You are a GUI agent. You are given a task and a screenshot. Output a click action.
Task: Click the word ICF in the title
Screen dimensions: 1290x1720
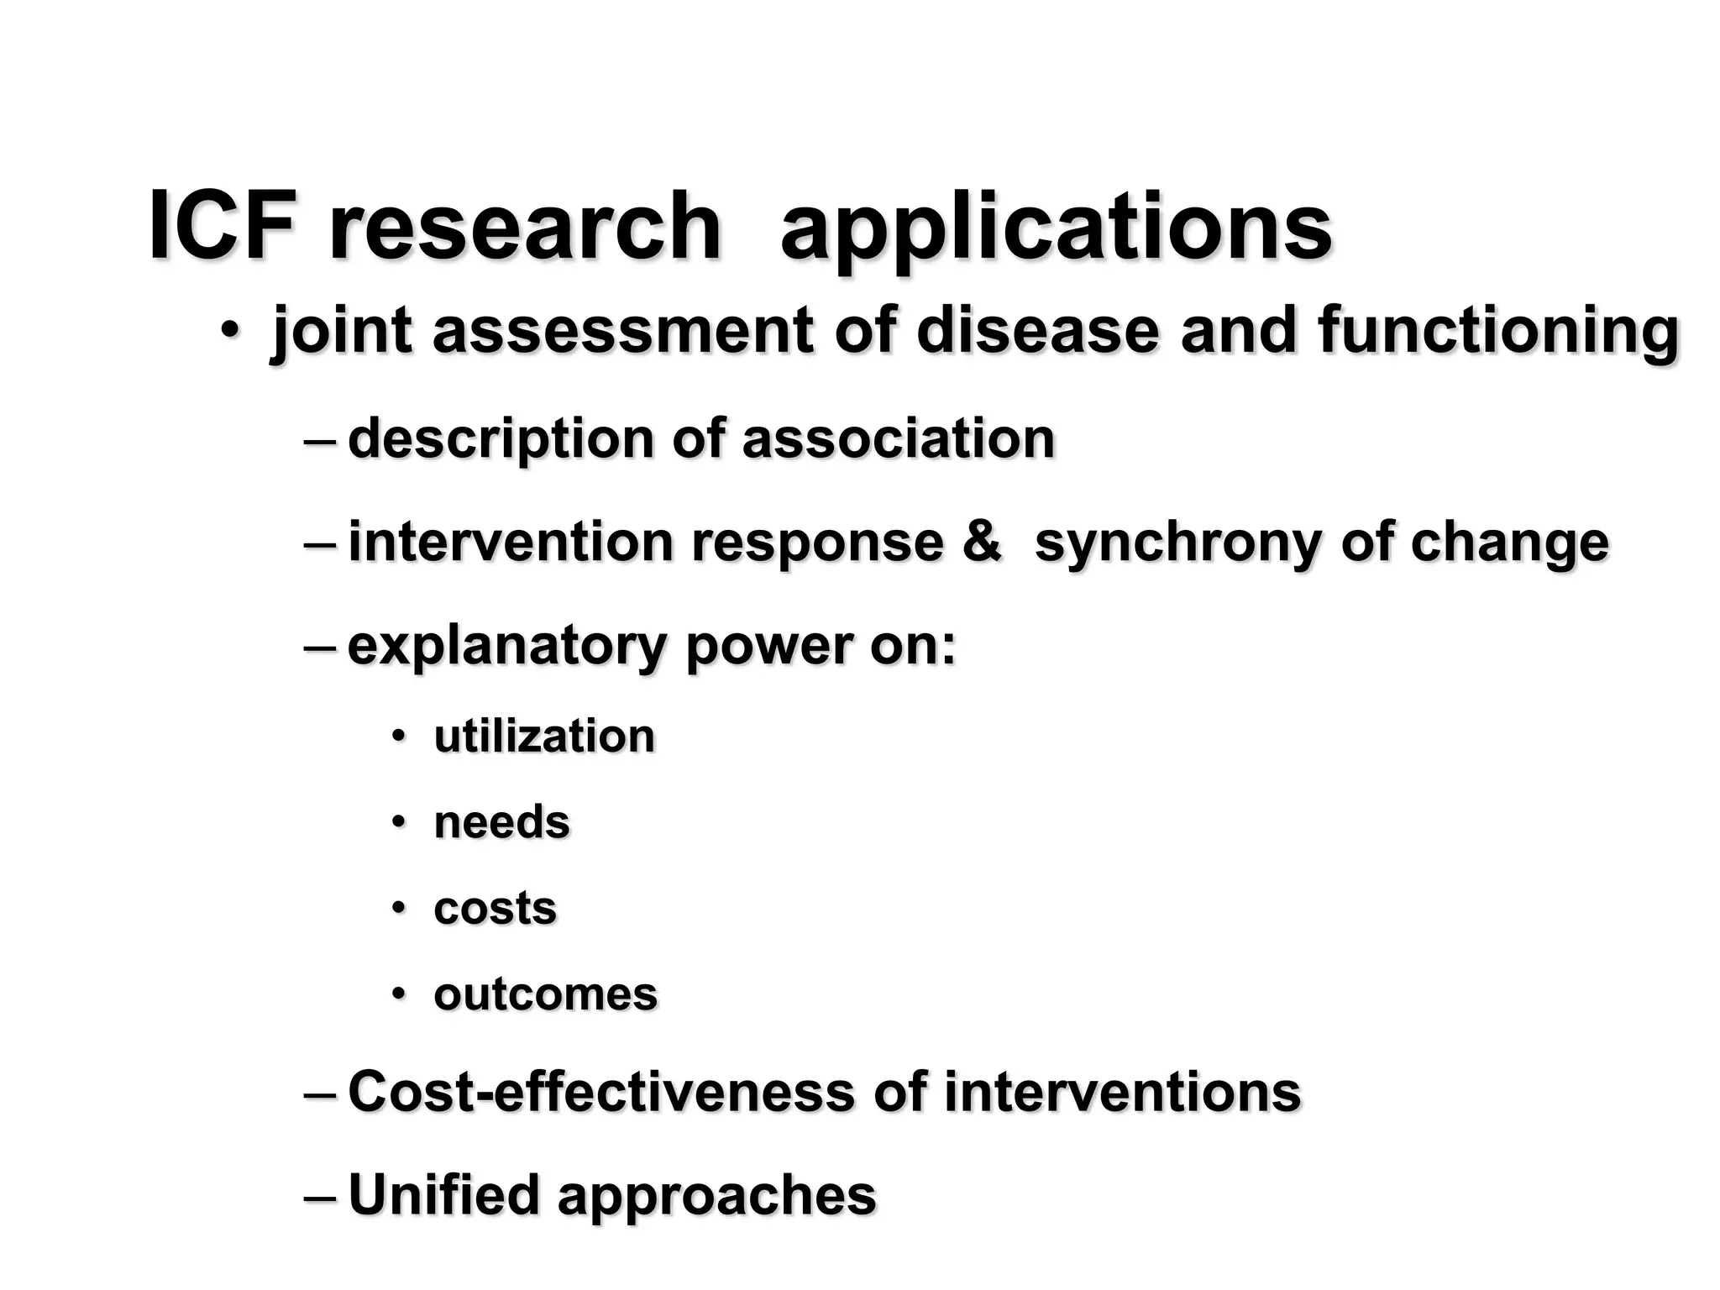click(x=222, y=227)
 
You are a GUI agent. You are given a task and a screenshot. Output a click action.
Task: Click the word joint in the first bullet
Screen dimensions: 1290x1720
click(x=342, y=332)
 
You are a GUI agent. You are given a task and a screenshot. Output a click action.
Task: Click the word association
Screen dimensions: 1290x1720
click(x=898, y=438)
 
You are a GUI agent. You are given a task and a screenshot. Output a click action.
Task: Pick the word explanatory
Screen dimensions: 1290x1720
click(x=506, y=647)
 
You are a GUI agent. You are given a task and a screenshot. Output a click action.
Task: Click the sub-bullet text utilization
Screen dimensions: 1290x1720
click(x=544, y=737)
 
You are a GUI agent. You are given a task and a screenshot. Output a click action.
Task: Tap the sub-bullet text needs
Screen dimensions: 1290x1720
click(x=501, y=822)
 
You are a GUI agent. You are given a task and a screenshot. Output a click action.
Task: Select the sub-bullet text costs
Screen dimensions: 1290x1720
click(x=495, y=909)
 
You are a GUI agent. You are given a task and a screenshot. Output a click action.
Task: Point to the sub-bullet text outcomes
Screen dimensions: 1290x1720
click(x=545, y=994)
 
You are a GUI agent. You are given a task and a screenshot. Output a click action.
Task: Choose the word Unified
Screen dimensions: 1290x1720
click(x=443, y=1194)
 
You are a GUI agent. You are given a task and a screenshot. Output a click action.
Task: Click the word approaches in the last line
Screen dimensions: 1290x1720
click(x=716, y=1197)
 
